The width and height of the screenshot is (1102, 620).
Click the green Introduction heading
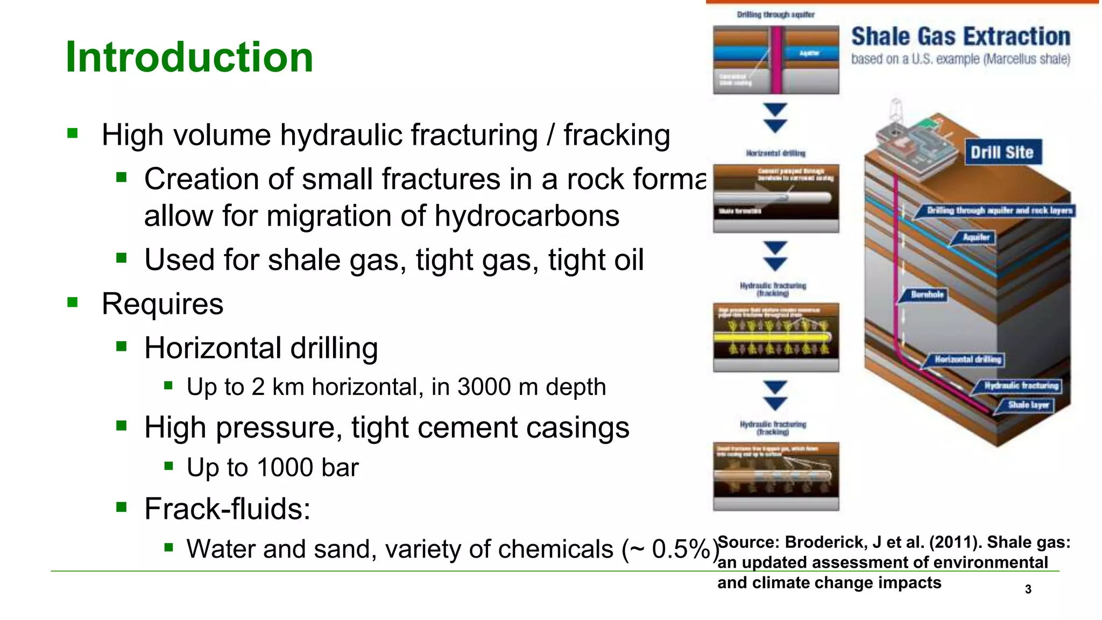[x=189, y=57]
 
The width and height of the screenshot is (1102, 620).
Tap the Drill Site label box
[x=1001, y=152]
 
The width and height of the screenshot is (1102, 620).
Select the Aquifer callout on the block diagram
[x=976, y=237]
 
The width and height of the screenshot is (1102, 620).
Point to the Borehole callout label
[x=927, y=294]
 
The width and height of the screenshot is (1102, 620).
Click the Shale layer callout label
[x=1028, y=405]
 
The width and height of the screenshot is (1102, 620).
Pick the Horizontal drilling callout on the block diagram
[x=967, y=359]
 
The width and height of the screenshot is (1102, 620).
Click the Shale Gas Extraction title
[x=960, y=37]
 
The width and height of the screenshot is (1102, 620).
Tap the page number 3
[x=1028, y=589]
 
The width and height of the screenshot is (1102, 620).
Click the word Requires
[x=163, y=304]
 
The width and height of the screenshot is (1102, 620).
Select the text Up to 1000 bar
[x=272, y=467]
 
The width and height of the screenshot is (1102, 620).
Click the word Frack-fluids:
[x=227, y=509]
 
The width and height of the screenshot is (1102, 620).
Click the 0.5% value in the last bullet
[x=681, y=549]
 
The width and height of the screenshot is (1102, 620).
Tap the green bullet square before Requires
[x=73, y=302]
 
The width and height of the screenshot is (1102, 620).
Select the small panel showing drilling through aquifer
[x=775, y=60]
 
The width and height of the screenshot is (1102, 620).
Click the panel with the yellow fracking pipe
[x=775, y=337]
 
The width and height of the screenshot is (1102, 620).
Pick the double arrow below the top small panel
[x=775, y=118]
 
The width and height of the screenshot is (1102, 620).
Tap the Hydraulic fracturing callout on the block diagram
[x=1021, y=385]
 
